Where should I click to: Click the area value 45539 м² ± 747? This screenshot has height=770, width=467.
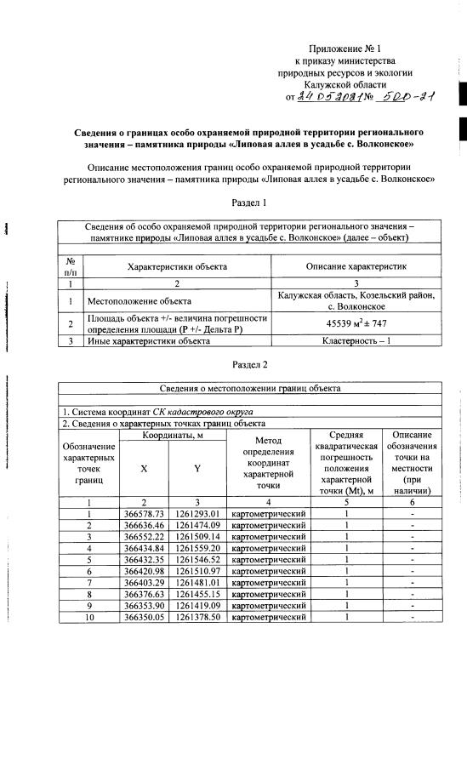coord(356,323)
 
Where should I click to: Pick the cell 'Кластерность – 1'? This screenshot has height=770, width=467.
coord(356,341)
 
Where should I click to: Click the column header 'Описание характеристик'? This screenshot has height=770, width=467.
coord(356,266)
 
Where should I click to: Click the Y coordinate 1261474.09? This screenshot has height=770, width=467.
coord(197,526)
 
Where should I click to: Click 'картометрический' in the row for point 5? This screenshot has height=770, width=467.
coord(269,562)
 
